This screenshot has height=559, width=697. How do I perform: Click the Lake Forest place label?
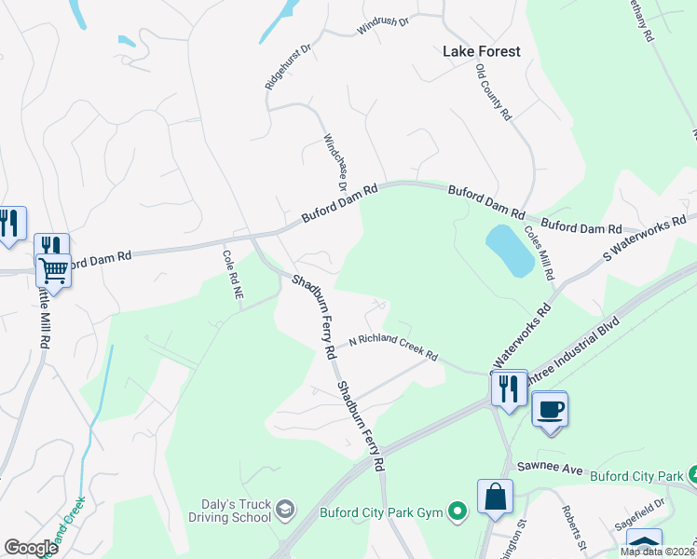click(481, 52)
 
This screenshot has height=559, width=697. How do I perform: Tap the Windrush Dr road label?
click(384, 28)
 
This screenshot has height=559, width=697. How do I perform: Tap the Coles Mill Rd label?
click(540, 254)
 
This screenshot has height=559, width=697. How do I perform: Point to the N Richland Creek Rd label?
click(393, 348)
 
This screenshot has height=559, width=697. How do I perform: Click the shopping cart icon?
click(53, 270)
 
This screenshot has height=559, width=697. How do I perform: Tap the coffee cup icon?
click(550, 409)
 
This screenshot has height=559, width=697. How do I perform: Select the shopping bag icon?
click(495, 497)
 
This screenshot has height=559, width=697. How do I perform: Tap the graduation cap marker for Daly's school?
click(285, 509)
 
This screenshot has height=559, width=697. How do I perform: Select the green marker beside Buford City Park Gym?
click(457, 511)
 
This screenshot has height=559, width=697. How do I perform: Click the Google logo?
click(30, 548)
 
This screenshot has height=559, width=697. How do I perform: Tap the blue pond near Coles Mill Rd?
click(510, 250)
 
